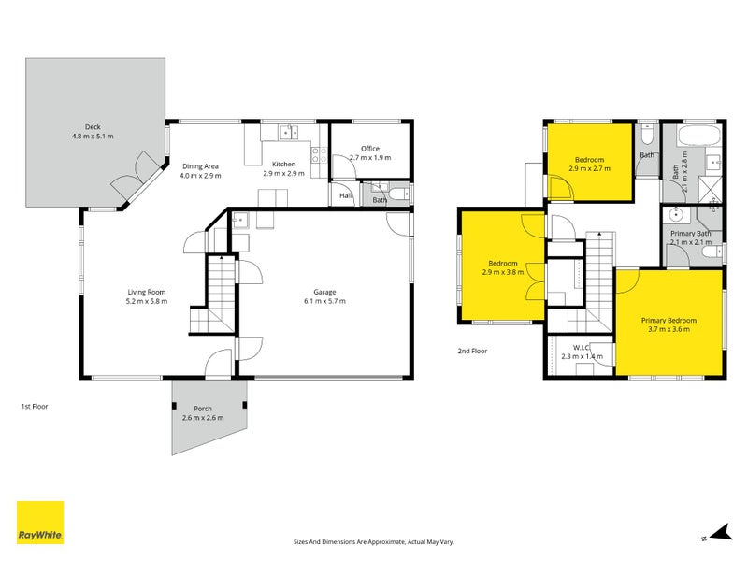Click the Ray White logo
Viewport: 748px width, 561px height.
pos(40,523)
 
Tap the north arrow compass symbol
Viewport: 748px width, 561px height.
pos(718,532)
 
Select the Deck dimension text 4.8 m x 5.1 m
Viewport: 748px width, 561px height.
pos(92,137)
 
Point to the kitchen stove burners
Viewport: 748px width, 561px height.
pos(318,157)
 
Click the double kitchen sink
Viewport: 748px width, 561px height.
pos(288,133)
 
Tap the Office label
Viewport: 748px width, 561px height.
pos(370,148)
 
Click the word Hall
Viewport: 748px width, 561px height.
pos(345,196)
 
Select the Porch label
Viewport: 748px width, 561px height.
pos(202,409)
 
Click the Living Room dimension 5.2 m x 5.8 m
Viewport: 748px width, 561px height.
pos(148,301)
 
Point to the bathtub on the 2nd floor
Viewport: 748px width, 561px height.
pos(697,138)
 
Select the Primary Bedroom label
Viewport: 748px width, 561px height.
pos(669,320)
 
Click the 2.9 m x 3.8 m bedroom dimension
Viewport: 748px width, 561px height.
pos(501,272)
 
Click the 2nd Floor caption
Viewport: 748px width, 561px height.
pos(472,352)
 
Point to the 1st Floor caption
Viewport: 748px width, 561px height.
pos(35,407)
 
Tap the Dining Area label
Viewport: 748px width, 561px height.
pos(200,165)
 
